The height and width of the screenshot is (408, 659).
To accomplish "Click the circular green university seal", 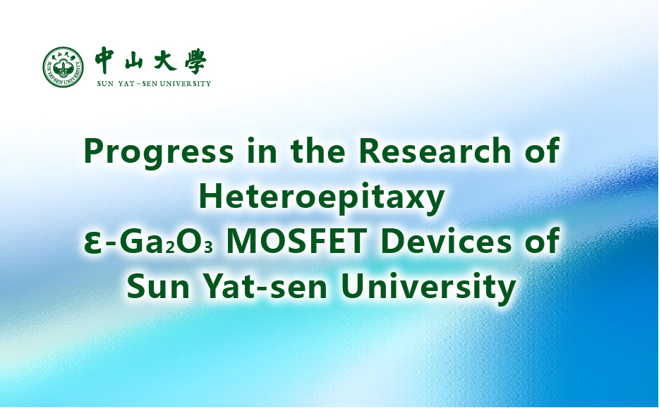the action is pos(63,67).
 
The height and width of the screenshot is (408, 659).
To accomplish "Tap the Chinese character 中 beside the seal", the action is pos(104,61).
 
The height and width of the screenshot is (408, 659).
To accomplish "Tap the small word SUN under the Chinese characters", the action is pos(105,84).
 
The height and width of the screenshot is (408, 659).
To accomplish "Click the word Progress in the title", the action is pos(159,152).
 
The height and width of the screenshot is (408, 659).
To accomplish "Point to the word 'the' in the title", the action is pos(318,150).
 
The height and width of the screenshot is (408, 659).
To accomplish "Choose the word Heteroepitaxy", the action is pos(322,198).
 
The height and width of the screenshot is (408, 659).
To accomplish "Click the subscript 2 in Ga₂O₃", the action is pos(170,247).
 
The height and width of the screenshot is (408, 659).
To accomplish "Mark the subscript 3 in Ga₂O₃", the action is pos(208,247).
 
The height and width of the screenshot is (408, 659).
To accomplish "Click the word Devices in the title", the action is pos(447,241).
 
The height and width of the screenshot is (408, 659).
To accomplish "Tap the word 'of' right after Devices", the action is pos(542,241).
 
